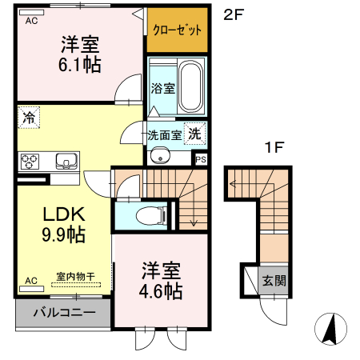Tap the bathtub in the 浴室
pyautogui.click(x=190, y=86)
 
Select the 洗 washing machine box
pyautogui.click(x=194, y=134)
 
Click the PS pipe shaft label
pyautogui.click(x=200, y=158)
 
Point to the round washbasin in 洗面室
pyautogui.click(x=159, y=155)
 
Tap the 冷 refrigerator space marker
pyautogui.click(x=29, y=117)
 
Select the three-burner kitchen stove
pyautogui.click(x=31, y=161)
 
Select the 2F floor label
pyautogui.click(x=233, y=14)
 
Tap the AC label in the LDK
pyautogui.click(x=30, y=281)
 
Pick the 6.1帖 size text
pyautogui.click(x=79, y=66)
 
